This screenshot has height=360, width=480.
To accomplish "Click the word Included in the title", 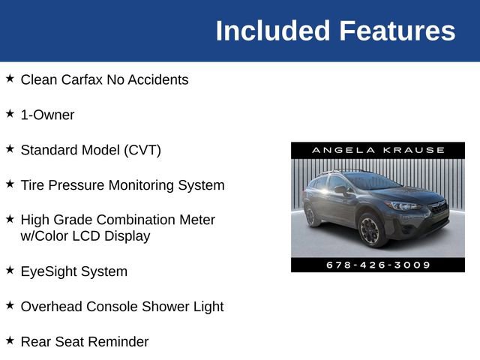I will pyautogui.click(x=273, y=31).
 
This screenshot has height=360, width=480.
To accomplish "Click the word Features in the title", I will pyautogui.click(x=397, y=31).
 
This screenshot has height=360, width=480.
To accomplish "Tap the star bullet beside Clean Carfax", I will pyautogui.click(x=10, y=78).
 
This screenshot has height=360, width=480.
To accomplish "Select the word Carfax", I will pyautogui.click(x=80, y=79).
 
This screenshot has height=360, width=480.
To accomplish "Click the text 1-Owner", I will pyautogui.click(x=47, y=115).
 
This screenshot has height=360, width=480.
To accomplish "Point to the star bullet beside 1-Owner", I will pyautogui.click(x=10, y=113).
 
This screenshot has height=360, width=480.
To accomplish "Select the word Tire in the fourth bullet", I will pyautogui.click(x=34, y=185).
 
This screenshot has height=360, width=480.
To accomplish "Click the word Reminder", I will pyautogui.click(x=118, y=342).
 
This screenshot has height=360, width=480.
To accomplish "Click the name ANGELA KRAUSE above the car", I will pyautogui.click(x=378, y=150).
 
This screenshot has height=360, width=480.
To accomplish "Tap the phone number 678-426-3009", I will pyautogui.click(x=378, y=265).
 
